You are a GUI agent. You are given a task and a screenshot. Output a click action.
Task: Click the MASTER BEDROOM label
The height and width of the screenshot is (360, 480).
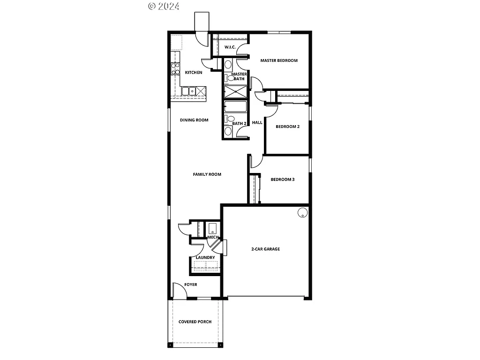[x=279, y=60]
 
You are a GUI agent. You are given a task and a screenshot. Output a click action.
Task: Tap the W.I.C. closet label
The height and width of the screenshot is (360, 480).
[x=230, y=47]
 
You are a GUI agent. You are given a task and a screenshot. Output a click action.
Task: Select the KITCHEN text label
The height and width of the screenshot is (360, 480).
[x=194, y=73]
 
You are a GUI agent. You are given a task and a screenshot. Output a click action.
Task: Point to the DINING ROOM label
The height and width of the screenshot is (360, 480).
[x=194, y=120]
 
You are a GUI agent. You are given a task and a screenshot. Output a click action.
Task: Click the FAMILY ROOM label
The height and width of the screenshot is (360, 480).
[x=207, y=174]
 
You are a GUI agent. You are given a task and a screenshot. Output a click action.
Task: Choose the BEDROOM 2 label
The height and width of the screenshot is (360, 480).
[x=287, y=127]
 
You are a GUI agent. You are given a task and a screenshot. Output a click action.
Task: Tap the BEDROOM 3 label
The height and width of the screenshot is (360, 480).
[x=283, y=180]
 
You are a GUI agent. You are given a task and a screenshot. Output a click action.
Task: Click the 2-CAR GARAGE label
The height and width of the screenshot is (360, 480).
[x=265, y=249]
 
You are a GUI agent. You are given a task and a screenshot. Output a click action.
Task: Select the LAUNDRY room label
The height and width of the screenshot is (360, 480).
[x=205, y=257]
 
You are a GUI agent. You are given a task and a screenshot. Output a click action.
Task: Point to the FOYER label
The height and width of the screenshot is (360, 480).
[x=190, y=285]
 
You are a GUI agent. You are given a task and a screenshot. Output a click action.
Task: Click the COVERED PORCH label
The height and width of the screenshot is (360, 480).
[x=195, y=322]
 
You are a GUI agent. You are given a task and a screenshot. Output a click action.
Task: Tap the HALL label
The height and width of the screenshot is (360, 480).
[x=257, y=123]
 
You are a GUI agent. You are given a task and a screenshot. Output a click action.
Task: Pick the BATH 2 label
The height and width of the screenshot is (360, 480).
[x=239, y=123]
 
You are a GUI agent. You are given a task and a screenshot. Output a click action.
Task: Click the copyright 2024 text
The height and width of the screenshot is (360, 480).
[x=164, y=6]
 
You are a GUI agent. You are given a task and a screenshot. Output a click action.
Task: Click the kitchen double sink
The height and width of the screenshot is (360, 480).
[x=189, y=90]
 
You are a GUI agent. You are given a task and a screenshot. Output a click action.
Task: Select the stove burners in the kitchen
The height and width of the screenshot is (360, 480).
[x=175, y=69]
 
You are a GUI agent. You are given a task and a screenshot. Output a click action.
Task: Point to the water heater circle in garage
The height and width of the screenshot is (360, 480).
[x=302, y=213]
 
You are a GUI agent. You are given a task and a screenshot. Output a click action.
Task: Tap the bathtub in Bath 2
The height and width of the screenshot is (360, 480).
[x=235, y=106]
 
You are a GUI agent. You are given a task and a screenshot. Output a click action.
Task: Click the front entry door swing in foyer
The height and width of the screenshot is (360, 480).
[x=179, y=290]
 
